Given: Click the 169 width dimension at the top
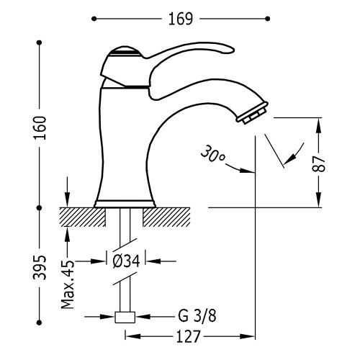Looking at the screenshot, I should point(181,19).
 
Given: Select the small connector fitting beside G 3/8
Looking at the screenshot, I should point(126,316).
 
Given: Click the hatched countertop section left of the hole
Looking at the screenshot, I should point(83,215).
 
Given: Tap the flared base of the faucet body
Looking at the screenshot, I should point(125,196).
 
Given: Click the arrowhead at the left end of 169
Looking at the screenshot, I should point(99,19).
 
